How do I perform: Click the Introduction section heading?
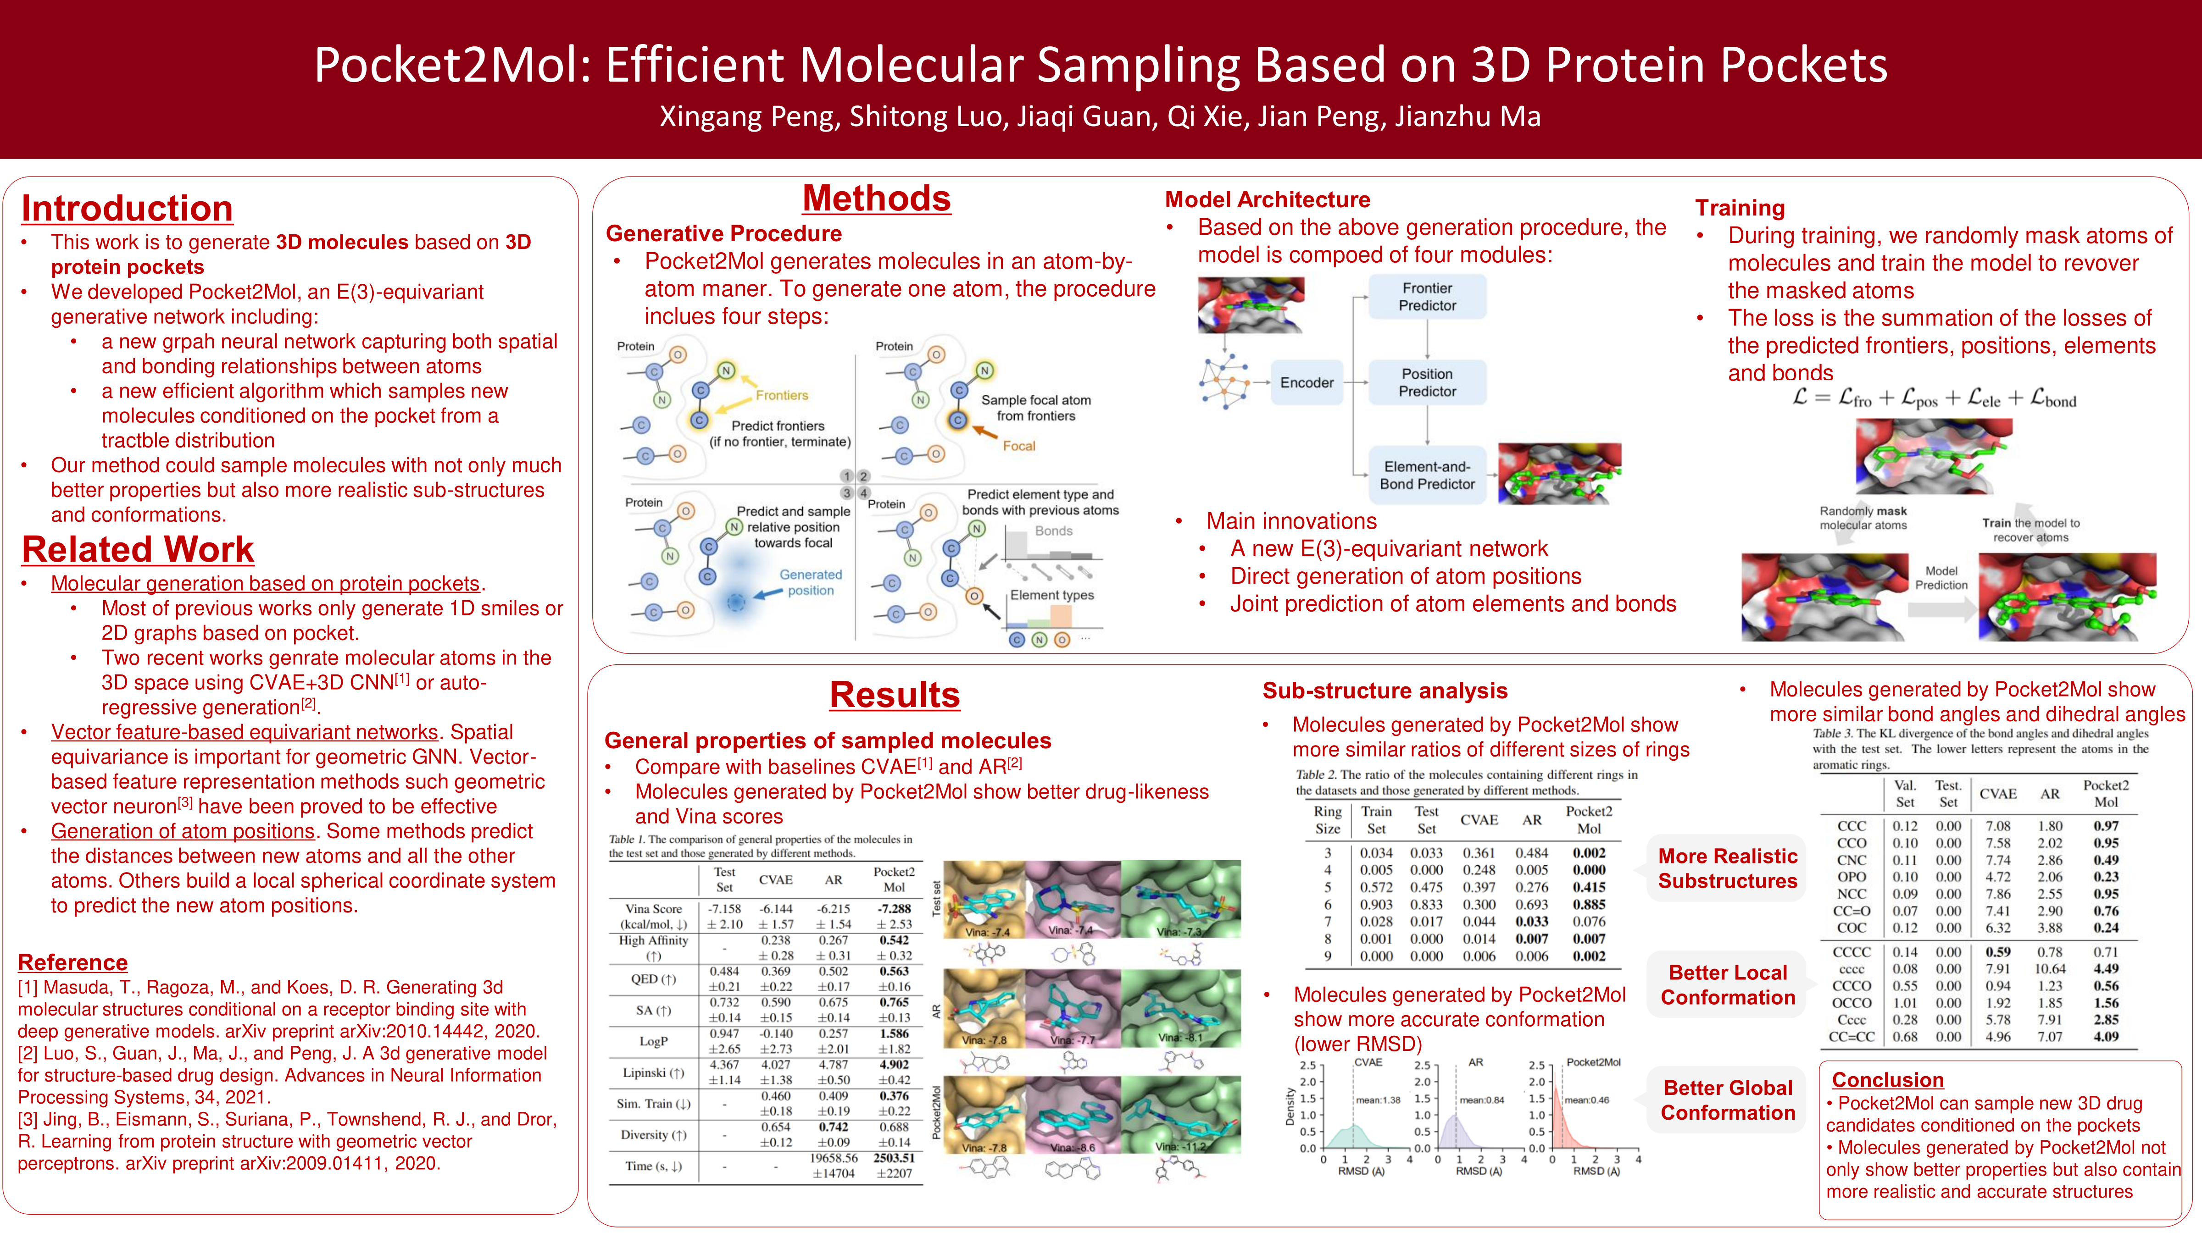(128, 209)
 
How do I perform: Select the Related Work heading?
(138, 549)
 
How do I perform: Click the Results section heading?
(894, 695)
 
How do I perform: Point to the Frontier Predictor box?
(1427, 297)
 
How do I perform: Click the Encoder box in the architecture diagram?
(1306, 383)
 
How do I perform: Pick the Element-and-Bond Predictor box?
(1427, 475)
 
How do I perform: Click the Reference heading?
(72, 963)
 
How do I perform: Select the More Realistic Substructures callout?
(1728, 868)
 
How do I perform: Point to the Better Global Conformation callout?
(1728, 1100)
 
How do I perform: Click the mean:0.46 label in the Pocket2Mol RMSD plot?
(1586, 1100)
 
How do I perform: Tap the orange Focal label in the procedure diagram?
(1019, 446)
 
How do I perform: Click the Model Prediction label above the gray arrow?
(1941, 578)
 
